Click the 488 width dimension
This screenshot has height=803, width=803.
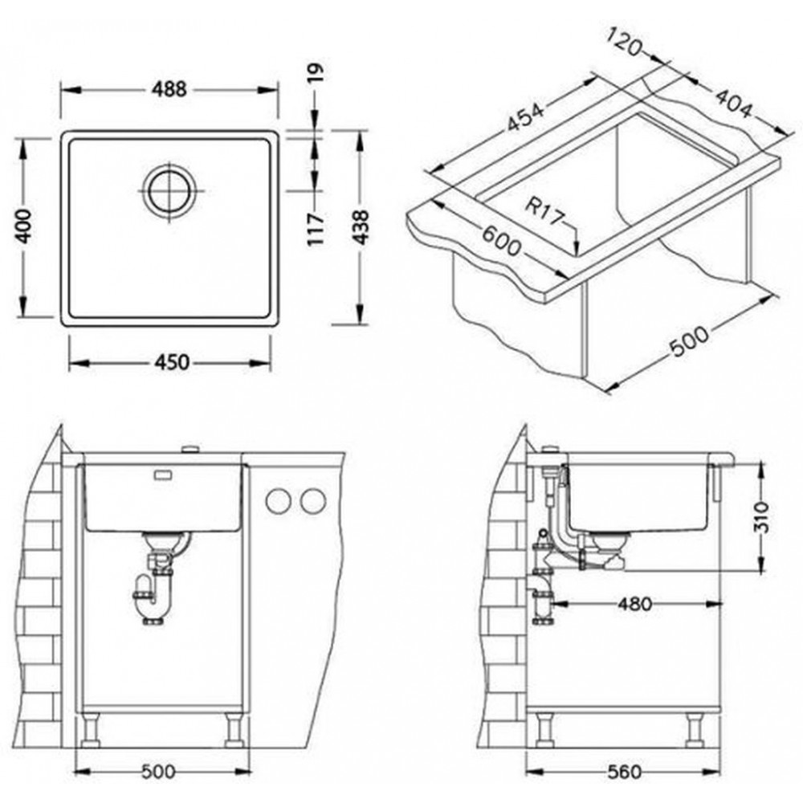coord(169,90)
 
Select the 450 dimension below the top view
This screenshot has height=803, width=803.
coord(172,363)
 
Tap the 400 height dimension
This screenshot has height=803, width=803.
coord(23,226)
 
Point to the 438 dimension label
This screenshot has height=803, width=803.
coord(361,227)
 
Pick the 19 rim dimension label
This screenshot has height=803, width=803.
coord(316,73)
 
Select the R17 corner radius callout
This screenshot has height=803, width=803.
coord(544,213)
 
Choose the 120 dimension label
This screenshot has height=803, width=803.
coord(624,42)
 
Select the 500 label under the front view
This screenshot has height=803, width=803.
coord(158,771)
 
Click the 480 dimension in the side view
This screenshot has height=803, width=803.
coord(634,605)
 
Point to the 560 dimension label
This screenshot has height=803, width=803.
coord(623,772)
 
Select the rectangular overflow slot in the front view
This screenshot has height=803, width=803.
coord(163,475)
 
